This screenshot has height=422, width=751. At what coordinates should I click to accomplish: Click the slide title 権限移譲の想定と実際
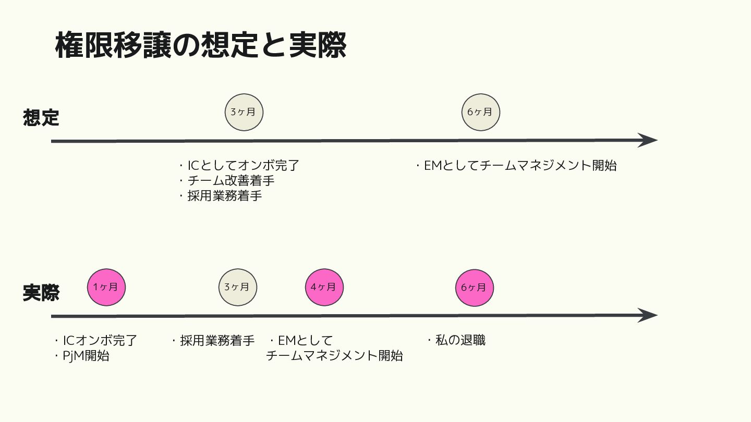(201, 45)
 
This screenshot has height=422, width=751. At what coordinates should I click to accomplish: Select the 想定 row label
(41, 118)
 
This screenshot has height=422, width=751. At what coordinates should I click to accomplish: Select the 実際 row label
(41, 293)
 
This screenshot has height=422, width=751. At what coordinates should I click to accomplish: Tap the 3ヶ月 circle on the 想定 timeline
(244, 112)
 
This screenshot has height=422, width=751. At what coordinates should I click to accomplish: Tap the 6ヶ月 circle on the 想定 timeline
(480, 112)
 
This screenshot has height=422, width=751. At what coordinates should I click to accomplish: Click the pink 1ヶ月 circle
(106, 287)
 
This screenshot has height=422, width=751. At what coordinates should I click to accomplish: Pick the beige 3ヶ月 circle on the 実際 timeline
(237, 287)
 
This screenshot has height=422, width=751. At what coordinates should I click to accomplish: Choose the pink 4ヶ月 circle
(324, 287)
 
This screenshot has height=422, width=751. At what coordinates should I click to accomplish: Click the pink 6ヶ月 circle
(474, 287)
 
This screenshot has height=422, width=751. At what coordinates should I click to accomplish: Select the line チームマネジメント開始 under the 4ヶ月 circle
(334, 356)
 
